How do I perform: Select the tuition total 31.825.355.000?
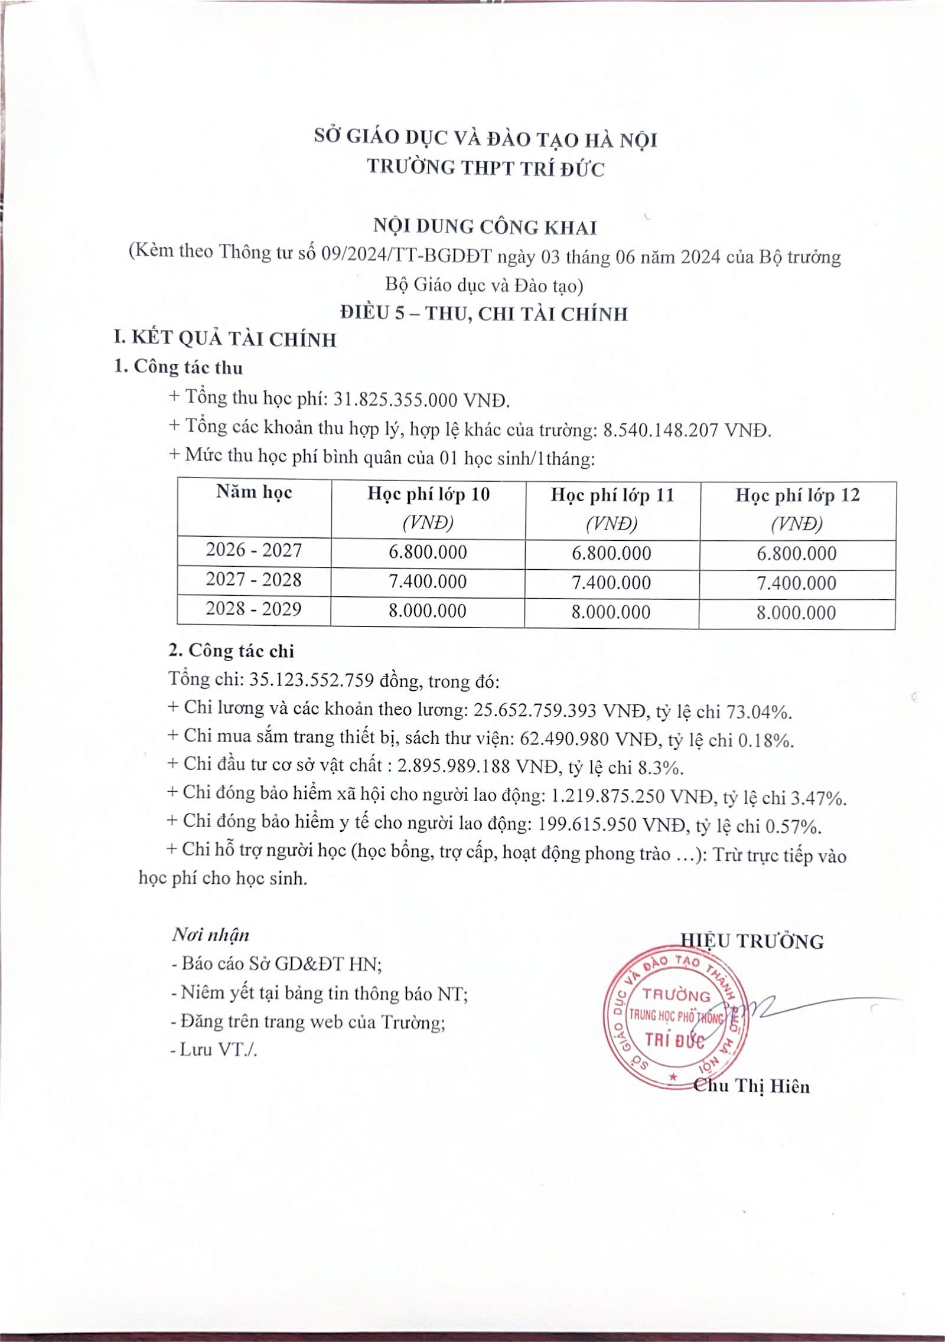[396, 400]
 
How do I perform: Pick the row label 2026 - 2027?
[253, 550]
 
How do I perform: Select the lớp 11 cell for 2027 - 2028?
[611, 583]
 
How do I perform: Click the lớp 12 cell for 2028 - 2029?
[796, 612]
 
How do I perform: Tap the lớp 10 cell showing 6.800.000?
[428, 552]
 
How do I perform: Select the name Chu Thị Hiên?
[751, 1086]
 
